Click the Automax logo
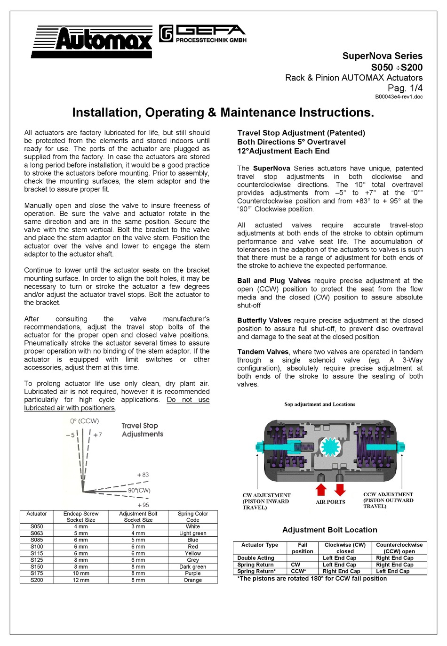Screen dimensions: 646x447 pos(92,41)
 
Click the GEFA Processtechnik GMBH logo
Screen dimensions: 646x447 pos(203,33)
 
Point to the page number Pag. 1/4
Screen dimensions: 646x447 pos(405,88)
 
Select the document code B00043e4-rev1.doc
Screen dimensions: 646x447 pos(399,97)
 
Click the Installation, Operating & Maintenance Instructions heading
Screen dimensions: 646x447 pos(223,113)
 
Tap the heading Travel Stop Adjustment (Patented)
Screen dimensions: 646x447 pos(301,133)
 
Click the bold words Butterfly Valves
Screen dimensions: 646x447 pos(264,321)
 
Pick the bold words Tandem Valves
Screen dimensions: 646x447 pos(263,352)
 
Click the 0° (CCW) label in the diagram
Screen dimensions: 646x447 pos(85,421)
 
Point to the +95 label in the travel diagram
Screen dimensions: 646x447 pos(143,505)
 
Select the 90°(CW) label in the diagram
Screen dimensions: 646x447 pos(139,490)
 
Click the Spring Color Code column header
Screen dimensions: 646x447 pos(192,517)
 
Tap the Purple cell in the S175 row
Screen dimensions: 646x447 pos(192,573)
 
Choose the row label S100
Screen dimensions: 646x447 pos(37,547)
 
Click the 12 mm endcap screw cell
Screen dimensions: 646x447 pos(80,580)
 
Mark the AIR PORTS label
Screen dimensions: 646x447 pos(330,502)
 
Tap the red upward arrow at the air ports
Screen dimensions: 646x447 pos(321,489)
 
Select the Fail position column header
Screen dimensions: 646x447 pos(302,548)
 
